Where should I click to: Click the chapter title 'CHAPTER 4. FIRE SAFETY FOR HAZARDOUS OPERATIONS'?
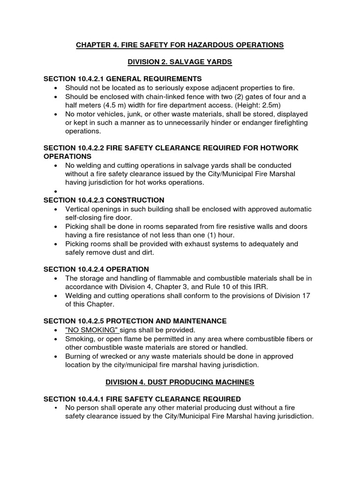[x=180, y=45]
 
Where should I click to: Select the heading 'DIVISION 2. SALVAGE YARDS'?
[x=180, y=62]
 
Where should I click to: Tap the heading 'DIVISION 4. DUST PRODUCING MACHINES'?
[x=180, y=382]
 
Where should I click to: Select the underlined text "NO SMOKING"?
[x=92, y=330]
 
